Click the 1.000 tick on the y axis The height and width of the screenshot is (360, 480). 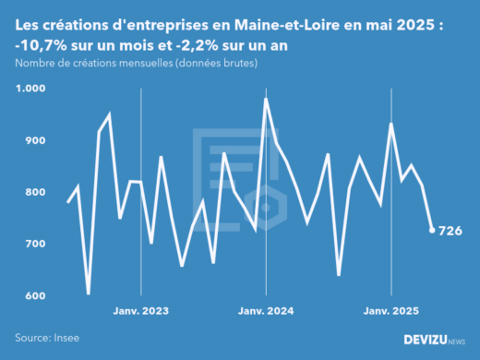(x=30, y=89)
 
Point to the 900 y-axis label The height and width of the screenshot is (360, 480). (x=32, y=140)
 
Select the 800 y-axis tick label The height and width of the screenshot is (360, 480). (x=32, y=192)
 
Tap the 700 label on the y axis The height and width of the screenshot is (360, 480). (x=32, y=244)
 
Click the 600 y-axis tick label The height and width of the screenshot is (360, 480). (x=32, y=295)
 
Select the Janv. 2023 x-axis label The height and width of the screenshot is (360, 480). (x=140, y=313)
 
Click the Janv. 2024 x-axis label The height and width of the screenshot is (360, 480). (x=266, y=313)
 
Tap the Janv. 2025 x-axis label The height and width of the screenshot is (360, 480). (x=391, y=313)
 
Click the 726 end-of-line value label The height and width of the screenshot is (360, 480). (x=450, y=230)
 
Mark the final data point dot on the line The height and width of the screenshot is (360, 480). (x=432, y=230)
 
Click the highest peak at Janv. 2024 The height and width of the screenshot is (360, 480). (x=266, y=99)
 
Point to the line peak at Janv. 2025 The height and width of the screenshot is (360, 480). (x=391, y=124)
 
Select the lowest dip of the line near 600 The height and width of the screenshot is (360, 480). (x=89, y=294)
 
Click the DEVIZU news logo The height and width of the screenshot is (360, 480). (x=434, y=339)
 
